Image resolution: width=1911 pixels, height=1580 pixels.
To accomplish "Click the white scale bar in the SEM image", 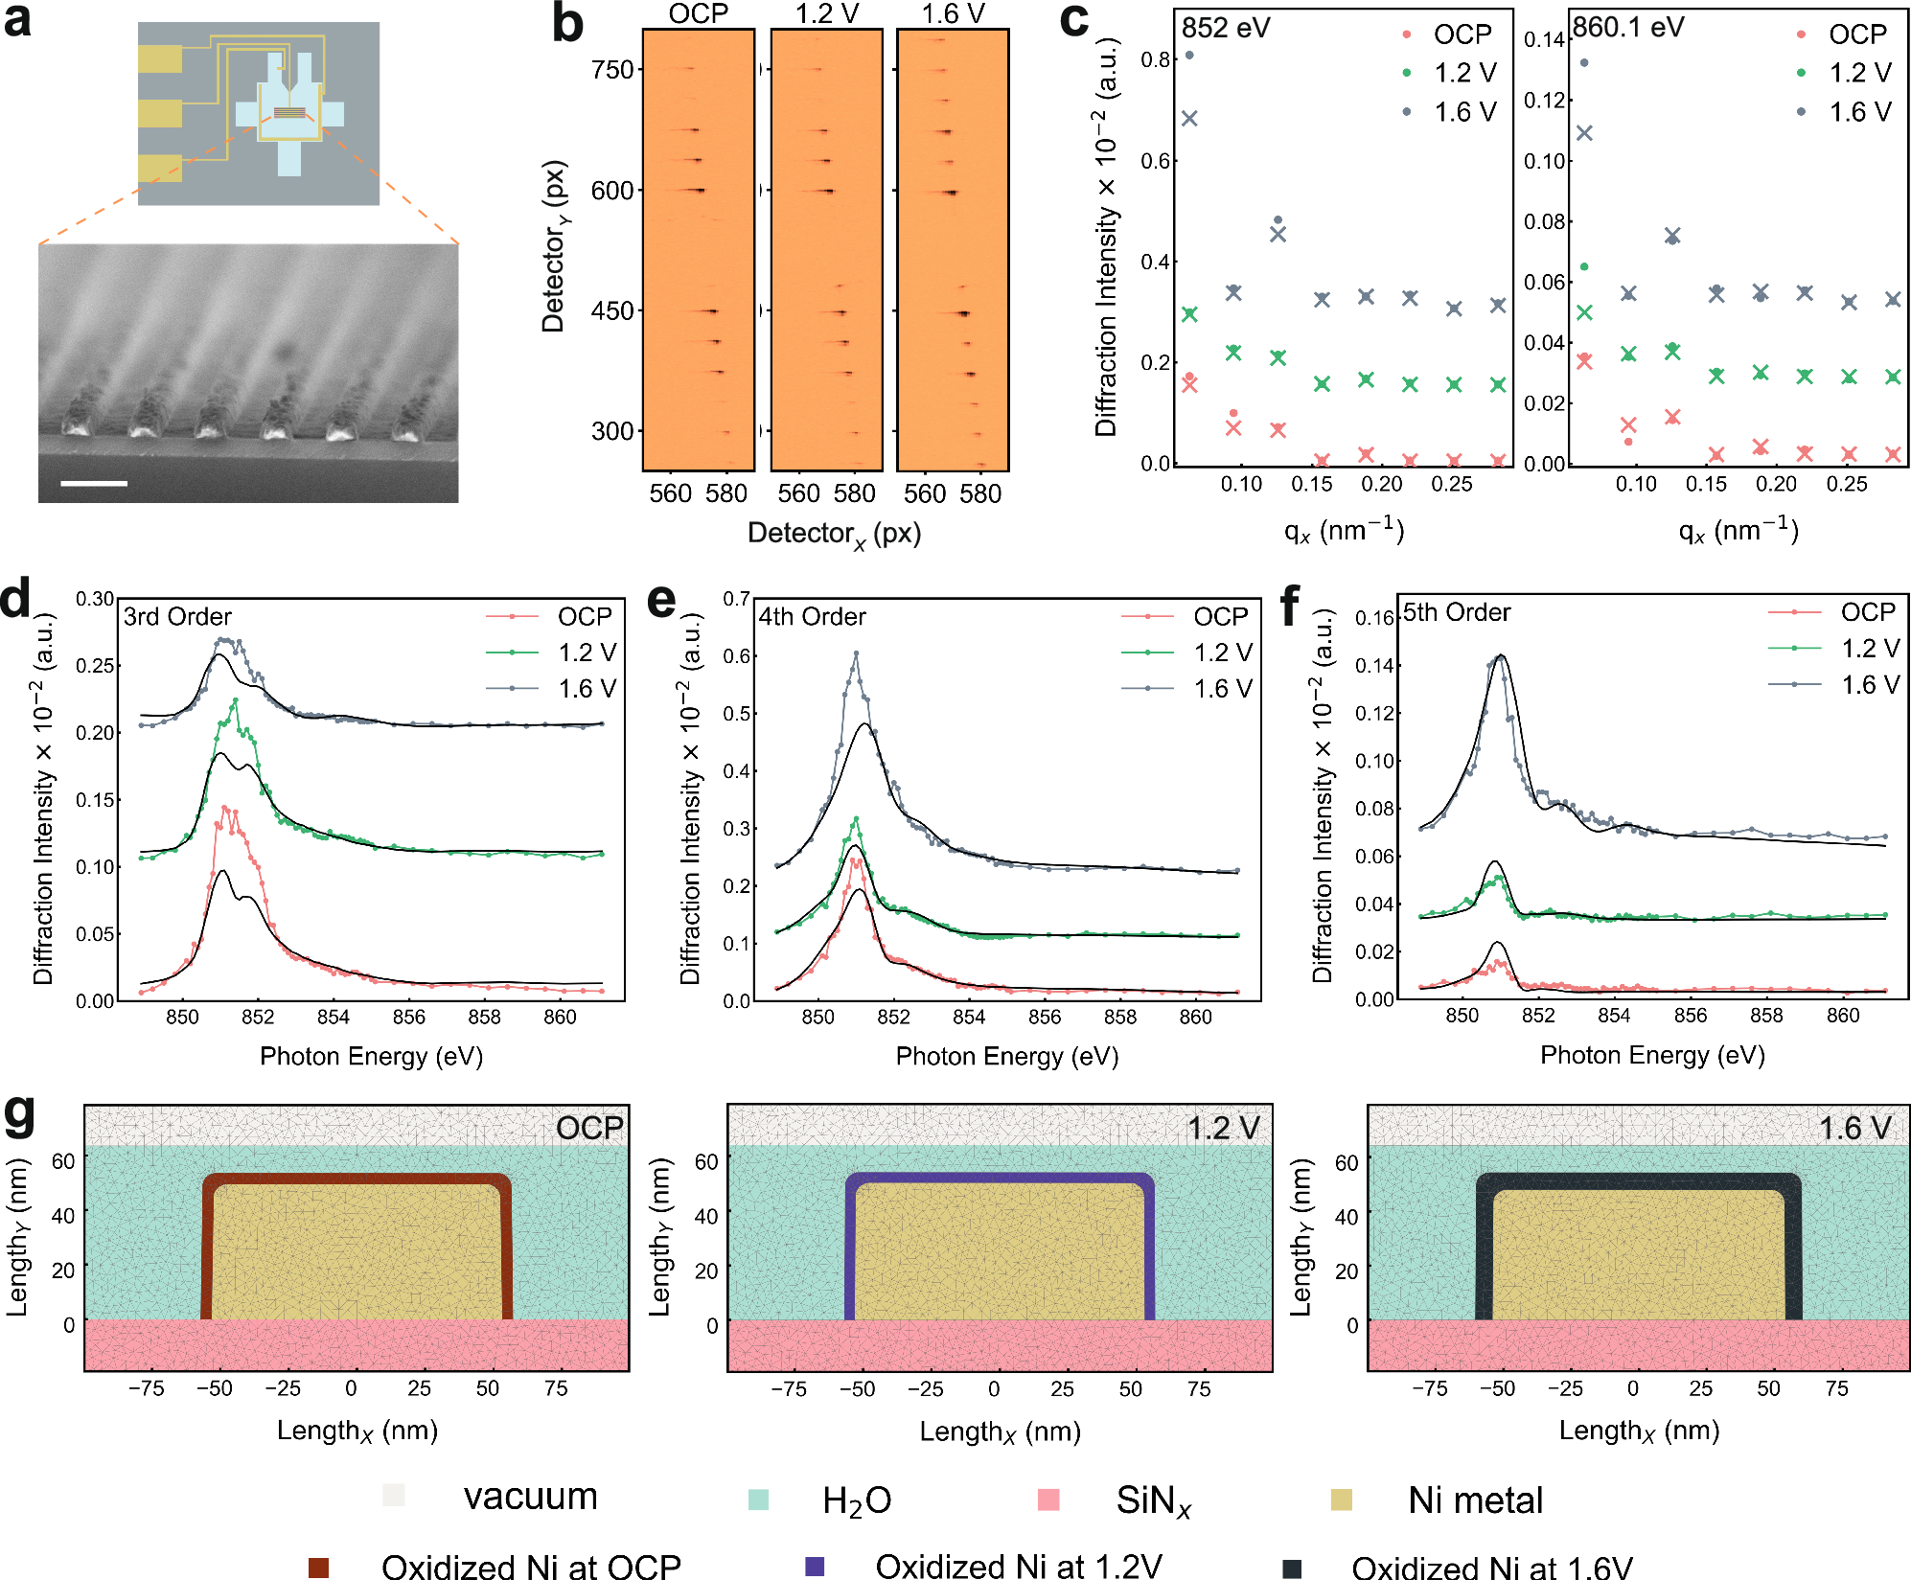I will [x=94, y=483].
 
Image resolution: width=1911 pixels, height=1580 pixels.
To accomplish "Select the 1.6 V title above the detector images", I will [x=953, y=13].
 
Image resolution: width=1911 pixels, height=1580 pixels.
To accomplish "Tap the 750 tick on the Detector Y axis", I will [x=612, y=70].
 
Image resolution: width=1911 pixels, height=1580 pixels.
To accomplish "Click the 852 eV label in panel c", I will [x=1226, y=28].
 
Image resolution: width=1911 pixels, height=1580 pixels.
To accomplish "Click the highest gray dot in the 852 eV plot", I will [x=1189, y=55].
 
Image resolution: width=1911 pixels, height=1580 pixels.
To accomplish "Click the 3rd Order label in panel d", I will [x=177, y=616].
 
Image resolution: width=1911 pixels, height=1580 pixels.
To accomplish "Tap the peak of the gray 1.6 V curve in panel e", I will [x=856, y=654].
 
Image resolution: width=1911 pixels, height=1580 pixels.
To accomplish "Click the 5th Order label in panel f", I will [x=1457, y=612].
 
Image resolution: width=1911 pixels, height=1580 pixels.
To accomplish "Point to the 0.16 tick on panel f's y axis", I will [x=1373, y=618].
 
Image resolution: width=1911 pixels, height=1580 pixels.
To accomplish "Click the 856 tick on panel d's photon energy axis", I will [x=408, y=1017].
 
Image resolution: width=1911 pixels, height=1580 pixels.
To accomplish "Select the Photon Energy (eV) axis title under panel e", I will [x=1006, y=1056].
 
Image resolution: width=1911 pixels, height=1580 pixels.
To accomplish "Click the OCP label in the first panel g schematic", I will [x=589, y=1128].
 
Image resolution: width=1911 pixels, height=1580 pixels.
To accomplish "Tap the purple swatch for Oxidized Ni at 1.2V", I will [x=815, y=1567].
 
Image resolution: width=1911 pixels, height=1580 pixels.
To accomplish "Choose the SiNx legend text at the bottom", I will [x=1153, y=1500].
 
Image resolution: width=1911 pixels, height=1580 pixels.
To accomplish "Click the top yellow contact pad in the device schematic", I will [x=159, y=58].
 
